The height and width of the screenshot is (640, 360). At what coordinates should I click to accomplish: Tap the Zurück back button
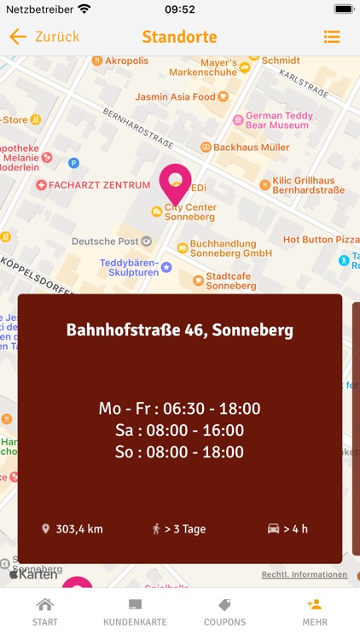click(44, 37)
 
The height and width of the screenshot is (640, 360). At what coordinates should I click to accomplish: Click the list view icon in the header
click(332, 37)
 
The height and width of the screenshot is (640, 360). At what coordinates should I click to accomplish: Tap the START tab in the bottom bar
click(45, 612)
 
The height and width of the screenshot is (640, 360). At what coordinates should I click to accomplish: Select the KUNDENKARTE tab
click(135, 612)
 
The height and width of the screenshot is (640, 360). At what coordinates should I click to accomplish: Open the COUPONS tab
click(224, 612)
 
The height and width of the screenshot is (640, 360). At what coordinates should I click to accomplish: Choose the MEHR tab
click(315, 612)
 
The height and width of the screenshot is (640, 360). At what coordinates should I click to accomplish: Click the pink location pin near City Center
click(176, 182)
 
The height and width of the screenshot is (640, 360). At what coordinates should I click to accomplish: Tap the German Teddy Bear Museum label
click(288, 120)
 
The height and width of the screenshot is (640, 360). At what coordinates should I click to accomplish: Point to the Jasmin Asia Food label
click(175, 97)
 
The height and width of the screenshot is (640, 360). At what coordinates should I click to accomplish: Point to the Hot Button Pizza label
click(321, 240)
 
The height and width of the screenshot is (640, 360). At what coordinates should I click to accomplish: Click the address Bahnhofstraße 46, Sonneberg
click(180, 330)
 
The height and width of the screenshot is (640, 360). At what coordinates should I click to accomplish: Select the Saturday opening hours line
click(180, 430)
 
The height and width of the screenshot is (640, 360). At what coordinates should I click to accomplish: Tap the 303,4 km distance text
click(78, 529)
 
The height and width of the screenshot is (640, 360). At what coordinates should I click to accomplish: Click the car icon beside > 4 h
click(273, 529)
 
